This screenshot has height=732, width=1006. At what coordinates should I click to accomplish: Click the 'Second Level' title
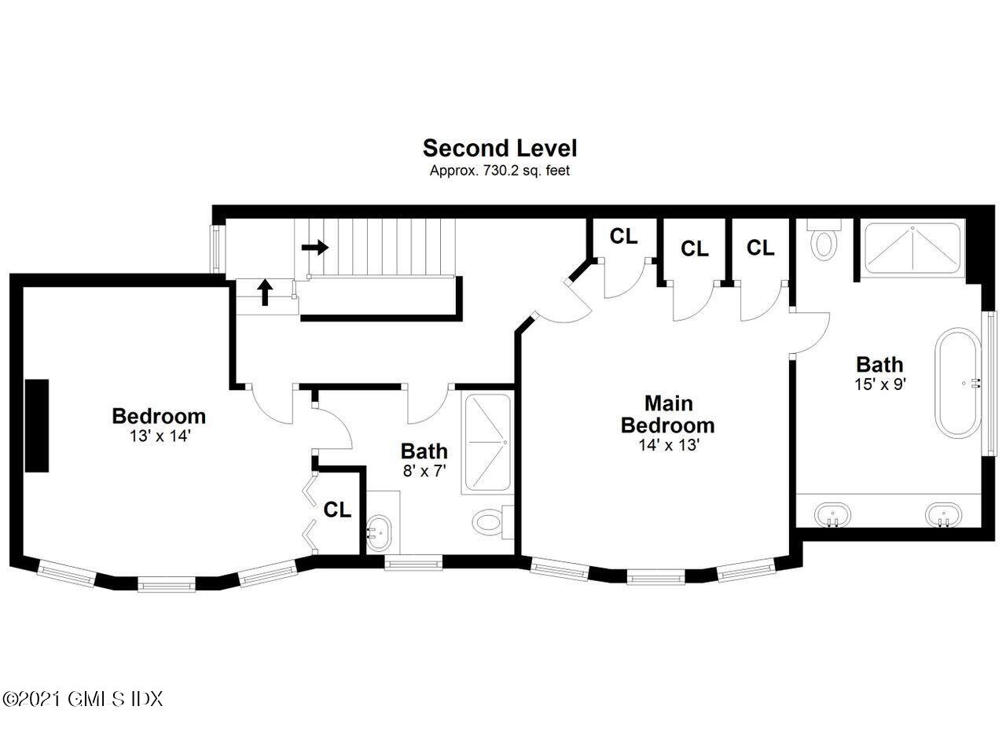click(x=499, y=148)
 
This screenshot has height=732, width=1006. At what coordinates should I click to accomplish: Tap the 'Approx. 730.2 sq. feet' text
click(x=499, y=171)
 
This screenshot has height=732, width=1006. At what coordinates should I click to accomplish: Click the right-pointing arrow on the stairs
click(x=315, y=247)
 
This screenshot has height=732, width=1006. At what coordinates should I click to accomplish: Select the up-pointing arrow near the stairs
click(x=266, y=292)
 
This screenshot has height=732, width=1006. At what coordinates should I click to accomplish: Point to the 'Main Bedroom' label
click(x=668, y=414)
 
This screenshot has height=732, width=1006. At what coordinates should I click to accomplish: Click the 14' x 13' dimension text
click(x=669, y=445)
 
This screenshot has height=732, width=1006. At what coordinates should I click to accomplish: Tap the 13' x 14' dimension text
click(x=160, y=436)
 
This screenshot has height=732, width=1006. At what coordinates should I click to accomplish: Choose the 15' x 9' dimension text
click(x=880, y=384)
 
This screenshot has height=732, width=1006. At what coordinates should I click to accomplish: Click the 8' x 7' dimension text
click(x=424, y=471)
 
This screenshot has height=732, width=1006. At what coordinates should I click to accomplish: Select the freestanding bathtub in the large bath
click(x=957, y=383)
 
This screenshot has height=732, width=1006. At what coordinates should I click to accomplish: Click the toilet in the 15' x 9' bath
click(x=824, y=241)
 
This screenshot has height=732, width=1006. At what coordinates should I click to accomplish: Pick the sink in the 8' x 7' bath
click(x=379, y=533)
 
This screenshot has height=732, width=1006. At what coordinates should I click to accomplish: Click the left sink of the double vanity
click(x=832, y=514)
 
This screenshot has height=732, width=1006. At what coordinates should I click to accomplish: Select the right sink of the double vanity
click(x=944, y=514)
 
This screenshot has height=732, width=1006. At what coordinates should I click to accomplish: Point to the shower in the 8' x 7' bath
click(x=488, y=443)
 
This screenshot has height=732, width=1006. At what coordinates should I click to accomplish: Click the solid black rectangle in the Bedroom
click(x=37, y=425)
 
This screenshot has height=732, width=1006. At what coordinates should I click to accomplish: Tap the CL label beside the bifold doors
click(x=337, y=509)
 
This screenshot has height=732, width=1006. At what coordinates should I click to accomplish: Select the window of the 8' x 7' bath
click(x=413, y=563)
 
